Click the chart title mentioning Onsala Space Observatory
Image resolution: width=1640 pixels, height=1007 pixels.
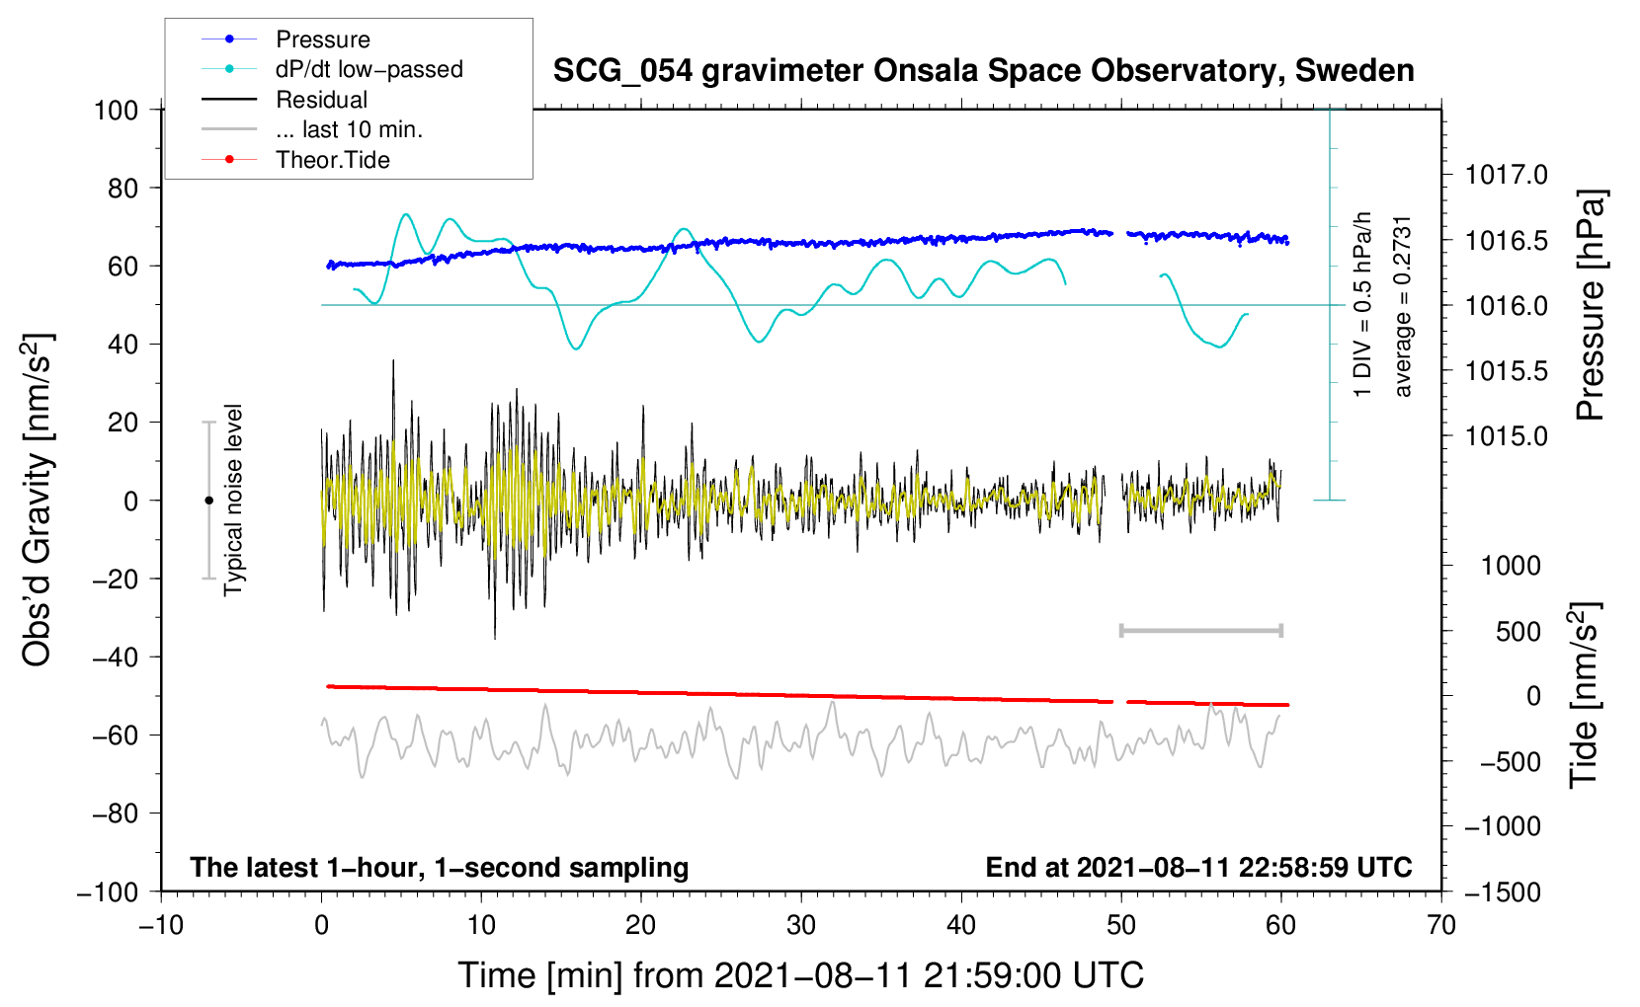pos(983,71)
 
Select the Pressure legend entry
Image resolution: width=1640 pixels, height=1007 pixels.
pos(322,39)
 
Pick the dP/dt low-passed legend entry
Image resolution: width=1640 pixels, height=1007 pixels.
pos(369,69)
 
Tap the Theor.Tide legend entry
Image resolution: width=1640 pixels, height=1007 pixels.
pos(332,160)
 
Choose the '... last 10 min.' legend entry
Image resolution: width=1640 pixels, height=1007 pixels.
pos(349,129)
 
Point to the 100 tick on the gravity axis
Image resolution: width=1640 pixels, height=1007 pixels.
pos(116,110)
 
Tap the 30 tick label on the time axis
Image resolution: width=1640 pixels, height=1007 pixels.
pos(801,925)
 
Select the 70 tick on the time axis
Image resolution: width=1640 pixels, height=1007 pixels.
pos(1441,925)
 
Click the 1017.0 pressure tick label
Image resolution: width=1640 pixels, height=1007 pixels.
pos(1506,176)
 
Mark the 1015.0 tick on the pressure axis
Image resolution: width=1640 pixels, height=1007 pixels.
pos(1506,436)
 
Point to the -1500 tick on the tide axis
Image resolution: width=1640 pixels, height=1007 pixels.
pos(1503,891)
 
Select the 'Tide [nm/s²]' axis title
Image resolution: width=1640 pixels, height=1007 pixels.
pos(1585,695)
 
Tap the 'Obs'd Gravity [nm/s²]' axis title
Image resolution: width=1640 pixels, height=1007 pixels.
pos(38,500)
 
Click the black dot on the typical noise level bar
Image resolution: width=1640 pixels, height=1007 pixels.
pos(208,501)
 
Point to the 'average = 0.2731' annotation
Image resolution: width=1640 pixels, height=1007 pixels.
pos(1403,306)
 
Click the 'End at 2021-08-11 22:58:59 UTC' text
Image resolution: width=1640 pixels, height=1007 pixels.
pos(1198,868)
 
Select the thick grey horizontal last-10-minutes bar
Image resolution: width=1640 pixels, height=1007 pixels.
pos(1200,630)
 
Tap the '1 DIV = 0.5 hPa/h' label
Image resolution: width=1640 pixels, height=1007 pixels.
pos(1362,304)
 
